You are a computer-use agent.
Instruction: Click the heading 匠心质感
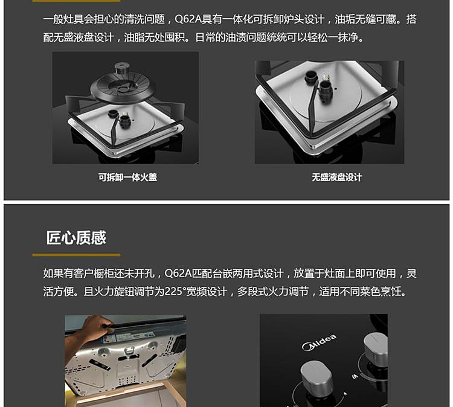[x=76, y=238]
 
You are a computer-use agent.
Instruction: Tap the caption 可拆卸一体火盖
[x=127, y=177]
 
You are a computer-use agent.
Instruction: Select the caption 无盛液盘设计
[x=336, y=177]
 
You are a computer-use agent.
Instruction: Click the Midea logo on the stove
[x=319, y=342]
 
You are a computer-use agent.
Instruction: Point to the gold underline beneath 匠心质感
[x=76, y=255]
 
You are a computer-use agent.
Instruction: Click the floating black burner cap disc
[x=121, y=86]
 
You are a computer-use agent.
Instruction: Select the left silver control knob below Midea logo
[x=316, y=376]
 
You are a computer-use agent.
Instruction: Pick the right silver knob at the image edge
[x=375, y=350]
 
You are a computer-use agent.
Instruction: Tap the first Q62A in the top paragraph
[x=188, y=19]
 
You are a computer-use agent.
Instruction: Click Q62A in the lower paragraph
[x=178, y=273]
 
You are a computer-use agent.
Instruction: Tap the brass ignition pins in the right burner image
[x=328, y=79]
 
